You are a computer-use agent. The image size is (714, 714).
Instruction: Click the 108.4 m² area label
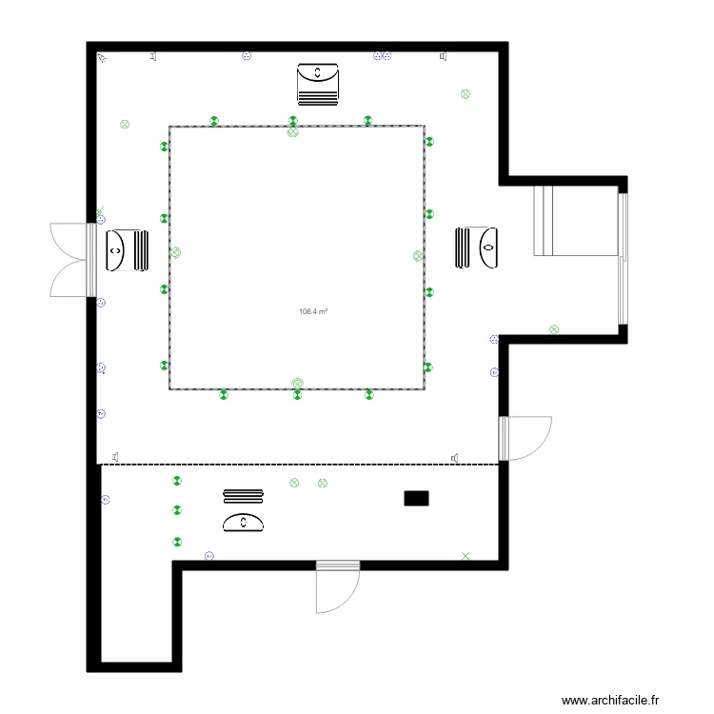point(313,311)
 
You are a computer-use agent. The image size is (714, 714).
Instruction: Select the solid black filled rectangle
point(416,497)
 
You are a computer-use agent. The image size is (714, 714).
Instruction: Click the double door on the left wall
point(71,260)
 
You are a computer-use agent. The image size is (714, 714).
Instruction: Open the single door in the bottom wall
point(337,585)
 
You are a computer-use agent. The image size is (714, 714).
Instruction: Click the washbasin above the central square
point(318,83)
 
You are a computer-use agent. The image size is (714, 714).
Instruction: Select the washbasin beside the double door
point(126,250)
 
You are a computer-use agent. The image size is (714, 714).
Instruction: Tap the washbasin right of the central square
point(478,248)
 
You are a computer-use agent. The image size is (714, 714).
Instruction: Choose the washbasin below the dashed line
point(244,522)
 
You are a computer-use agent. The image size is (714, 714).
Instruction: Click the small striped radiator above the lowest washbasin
point(243,495)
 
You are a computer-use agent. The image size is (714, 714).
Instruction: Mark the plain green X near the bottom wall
point(466,555)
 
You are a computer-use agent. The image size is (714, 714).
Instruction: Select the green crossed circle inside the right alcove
point(554,329)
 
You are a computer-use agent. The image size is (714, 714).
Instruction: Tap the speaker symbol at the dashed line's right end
point(456,458)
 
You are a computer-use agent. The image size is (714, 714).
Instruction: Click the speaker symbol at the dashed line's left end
point(116,456)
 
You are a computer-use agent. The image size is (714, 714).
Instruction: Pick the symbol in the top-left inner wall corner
point(103,59)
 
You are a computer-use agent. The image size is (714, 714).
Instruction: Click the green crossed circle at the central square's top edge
point(292,132)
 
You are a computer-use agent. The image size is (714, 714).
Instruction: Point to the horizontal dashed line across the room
point(300,465)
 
